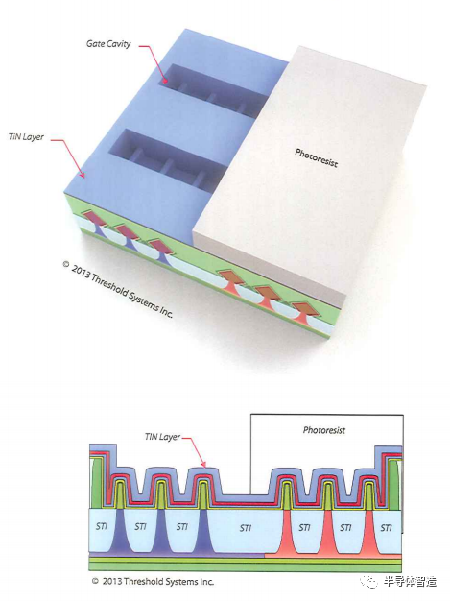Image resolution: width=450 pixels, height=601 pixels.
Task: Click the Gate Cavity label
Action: click(x=108, y=44)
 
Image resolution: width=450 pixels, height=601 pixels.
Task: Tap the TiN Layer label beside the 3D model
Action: click(x=26, y=137)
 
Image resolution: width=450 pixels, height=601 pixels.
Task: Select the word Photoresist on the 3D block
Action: click(x=317, y=157)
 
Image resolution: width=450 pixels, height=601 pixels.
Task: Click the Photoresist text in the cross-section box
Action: click(x=324, y=430)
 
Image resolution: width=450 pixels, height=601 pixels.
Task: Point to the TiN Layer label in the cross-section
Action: click(x=162, y=437)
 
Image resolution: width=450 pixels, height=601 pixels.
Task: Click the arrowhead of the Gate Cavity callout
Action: click(x=165, y=80)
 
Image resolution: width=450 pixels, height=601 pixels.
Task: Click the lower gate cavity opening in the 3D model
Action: click(x=169, y=160)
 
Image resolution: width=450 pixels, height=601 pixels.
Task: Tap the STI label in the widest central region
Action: click(x=246, y=528)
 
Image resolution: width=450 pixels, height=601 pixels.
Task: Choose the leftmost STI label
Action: click(x=102, y=526)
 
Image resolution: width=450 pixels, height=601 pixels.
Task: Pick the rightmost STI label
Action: click(x=386, y=528)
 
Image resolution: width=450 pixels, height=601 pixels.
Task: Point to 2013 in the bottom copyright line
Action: click(x=112, y=581)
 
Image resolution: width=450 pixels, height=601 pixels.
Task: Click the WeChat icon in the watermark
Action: click(x=371, y=582)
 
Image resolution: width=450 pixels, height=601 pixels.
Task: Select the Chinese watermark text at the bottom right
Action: click(x=410, y=582)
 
